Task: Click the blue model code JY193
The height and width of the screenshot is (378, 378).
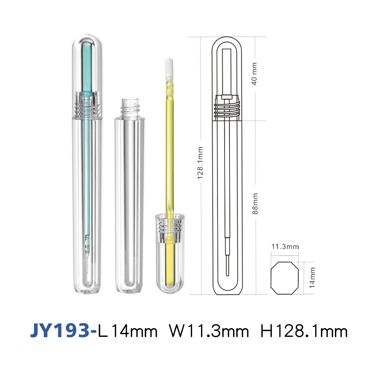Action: pyautogui.click(x=60, y=330)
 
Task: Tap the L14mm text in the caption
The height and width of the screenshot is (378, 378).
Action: pyautogui.click(x=128, y=331)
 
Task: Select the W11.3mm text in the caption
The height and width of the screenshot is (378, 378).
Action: pyautogui.click(x=209, y=331)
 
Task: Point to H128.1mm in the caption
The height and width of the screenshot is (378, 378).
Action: pyautogui.click(x=304, y=331)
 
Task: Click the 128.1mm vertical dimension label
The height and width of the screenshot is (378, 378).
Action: pyautogui.click(x=200, y=163)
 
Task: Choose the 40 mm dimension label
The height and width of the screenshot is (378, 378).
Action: pyautogui.click(x=254, y=74)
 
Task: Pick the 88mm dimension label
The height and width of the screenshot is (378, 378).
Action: pyautogui.click(x=255, y=203)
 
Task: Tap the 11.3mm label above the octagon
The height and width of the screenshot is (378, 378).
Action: pyautogui.click(x=285, y=246)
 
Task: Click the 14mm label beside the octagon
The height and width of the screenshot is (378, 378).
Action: pyautogui.click(x=312, y=277)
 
